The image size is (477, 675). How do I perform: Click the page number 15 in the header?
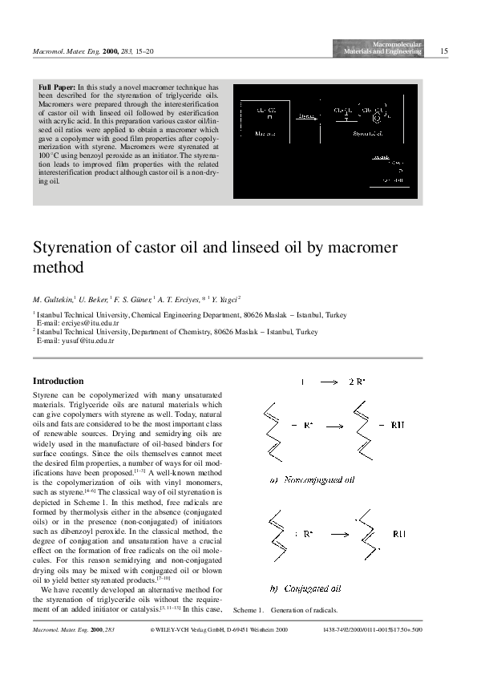(445, 51)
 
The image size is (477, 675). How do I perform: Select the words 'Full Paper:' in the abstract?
(58, 86)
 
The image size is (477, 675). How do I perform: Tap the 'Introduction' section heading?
(58, 381)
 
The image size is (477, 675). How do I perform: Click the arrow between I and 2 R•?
(327, 382)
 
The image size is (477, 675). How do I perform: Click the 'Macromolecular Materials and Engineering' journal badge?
(382, 48)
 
